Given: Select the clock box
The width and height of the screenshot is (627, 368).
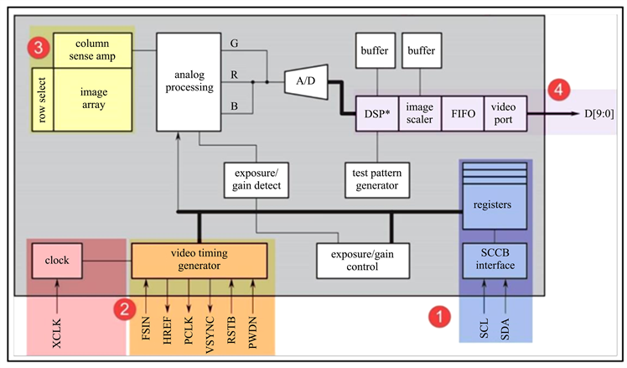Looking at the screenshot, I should coord(56,261).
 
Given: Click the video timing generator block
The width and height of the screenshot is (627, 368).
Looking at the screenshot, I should coord(202,261).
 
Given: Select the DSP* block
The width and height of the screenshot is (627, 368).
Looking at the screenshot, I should coord(376,113).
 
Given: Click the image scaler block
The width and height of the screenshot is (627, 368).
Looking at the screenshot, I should coord(418,113).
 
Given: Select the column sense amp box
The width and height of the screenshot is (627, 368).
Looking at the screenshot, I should coord(93,47).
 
